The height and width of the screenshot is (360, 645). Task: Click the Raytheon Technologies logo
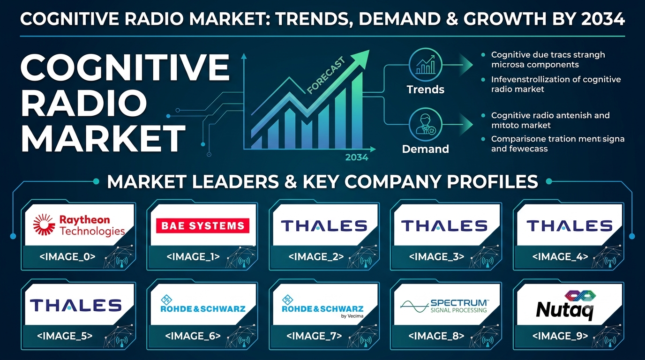pyautogui.click(x=79, y=225)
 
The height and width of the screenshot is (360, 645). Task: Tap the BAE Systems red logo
pyautogui.click(x=202, y=225)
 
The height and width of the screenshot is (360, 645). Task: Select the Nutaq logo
pyautogui.click(x=566, y=305)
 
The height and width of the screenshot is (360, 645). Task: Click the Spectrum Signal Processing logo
pyautogui.click(x=444, y=306)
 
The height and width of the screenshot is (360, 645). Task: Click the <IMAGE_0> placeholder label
pyautogui.click(x=67, y=256)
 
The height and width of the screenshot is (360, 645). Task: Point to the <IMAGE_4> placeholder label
pyautogui.click(x=560, y=256)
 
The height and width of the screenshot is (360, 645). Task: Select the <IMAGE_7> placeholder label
pyautogui.click(x=314, y=336)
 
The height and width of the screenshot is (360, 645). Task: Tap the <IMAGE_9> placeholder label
pyautogui.click(x=560, y=336)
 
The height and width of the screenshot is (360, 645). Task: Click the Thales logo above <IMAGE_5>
pyautogui.click(x=76, y=305)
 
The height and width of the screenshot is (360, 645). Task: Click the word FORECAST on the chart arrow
pyautogui.click(x=326, y=75)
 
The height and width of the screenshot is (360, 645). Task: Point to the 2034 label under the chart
pyautogui.click(x=357, y=157)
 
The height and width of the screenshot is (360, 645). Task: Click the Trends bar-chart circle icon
pyautogui.click(x=425, y=65)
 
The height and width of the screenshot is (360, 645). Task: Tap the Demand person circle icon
pyautogui.click(x=425, y=124)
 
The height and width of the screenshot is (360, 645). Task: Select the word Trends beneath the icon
pyautogui.click(x=425, y=90)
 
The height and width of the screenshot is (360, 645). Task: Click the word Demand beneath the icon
pyautogui.click(x=425, y=149)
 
